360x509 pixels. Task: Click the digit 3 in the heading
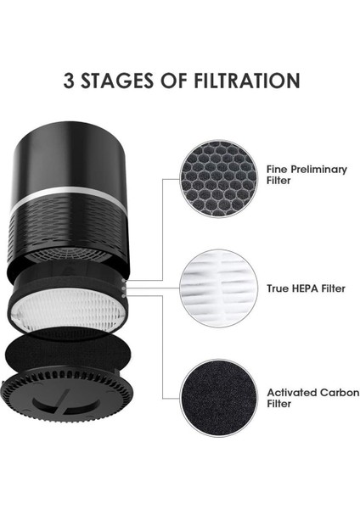click(x=70, y=81)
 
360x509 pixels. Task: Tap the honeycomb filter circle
click(x=218, y=180)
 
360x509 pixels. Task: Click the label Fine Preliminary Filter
click(x=307, y=175)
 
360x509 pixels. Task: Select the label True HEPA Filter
click(x=307, y=288)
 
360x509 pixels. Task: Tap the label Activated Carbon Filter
click(x=307, y=398)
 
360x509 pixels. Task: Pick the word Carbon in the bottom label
click(x=328, y=393)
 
